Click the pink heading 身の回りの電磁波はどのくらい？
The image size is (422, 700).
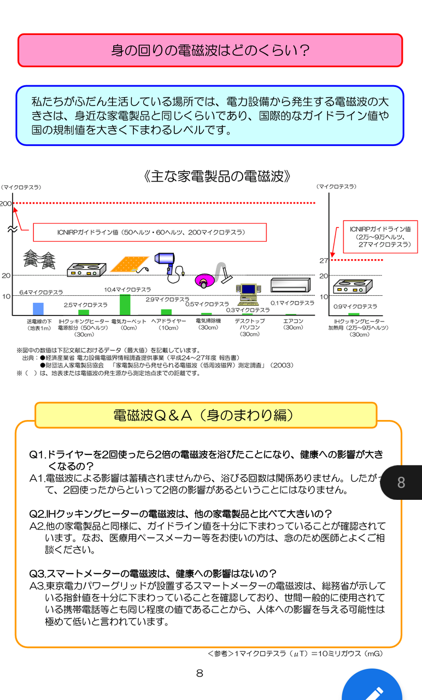[210, 50]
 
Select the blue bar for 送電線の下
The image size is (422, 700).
[38, 309]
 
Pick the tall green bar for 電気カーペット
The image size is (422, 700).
[125, 305]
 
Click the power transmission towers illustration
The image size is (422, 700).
[39, 260]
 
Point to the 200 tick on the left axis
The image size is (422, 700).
[6, 204]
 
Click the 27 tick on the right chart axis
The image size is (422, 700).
[324, 261]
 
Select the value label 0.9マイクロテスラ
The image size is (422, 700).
[356, 307]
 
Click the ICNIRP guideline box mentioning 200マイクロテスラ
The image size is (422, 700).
[150, 232]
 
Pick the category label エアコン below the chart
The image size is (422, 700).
[294, 322]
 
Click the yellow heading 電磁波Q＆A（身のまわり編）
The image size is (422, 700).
[206, 415]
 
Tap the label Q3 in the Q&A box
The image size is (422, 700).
[37, 574]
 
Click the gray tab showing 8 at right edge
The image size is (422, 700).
[402, 482]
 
